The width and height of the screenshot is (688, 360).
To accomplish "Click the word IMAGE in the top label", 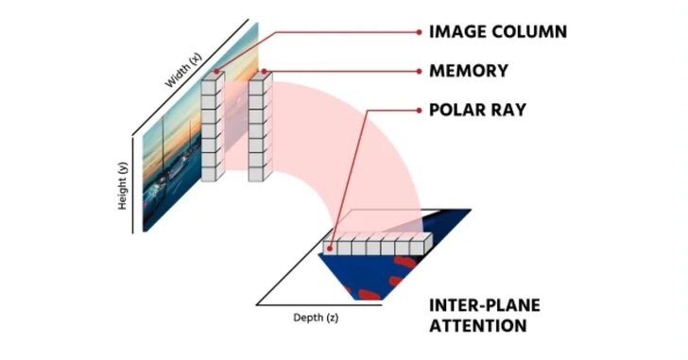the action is (x=459, y=31).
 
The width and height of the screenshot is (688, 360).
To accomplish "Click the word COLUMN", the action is (x=529, y=31).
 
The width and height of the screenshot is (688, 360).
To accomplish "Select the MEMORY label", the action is (x=469, y=71).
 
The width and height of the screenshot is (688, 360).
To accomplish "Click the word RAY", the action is (x=507, y=111).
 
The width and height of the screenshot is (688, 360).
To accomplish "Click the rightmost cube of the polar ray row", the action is (x=419, y=244).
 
